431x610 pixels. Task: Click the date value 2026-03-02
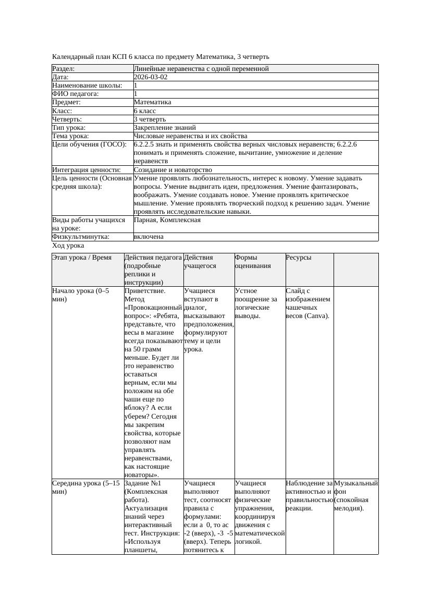[151, 77]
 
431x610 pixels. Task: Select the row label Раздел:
[64, 69]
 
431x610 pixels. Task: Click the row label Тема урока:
[70, 136]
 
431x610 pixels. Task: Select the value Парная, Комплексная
[167, 220]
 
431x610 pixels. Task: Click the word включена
[149, 237]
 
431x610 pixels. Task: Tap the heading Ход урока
[68, 246]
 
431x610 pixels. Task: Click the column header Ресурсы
[298, 258]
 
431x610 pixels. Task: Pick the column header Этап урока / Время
[82, 258]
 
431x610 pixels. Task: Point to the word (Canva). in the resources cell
[318, 316]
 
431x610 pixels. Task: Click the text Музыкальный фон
[355, 487]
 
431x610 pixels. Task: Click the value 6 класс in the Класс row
[145, 111]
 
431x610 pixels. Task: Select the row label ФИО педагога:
[76, 94]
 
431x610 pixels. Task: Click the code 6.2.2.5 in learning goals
[146, 144]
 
